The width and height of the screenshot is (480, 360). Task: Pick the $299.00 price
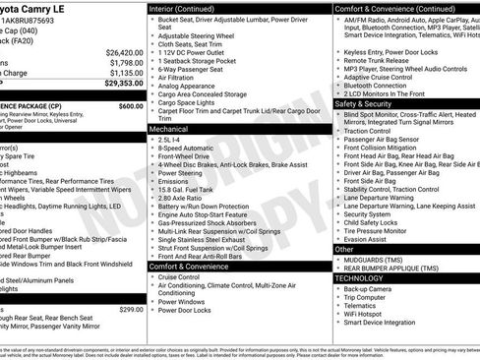(131, 310)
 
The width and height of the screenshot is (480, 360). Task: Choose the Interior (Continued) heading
(188, 8)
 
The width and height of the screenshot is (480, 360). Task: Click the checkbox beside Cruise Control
(151, 278)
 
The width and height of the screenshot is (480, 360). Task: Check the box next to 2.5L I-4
(151, 140)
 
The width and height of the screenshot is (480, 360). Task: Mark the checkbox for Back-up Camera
(338, 289)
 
